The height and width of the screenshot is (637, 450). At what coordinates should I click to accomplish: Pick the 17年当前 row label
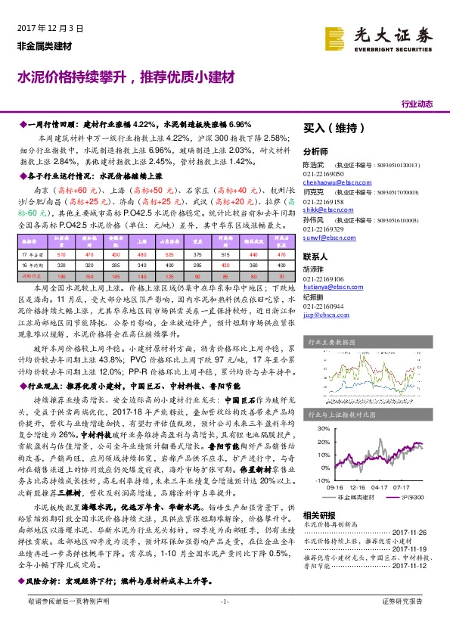[x=31, y=255]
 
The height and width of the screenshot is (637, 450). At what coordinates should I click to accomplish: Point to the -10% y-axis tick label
[x=314, y=480]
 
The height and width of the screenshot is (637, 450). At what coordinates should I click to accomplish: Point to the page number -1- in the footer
[x=224, y=622]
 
